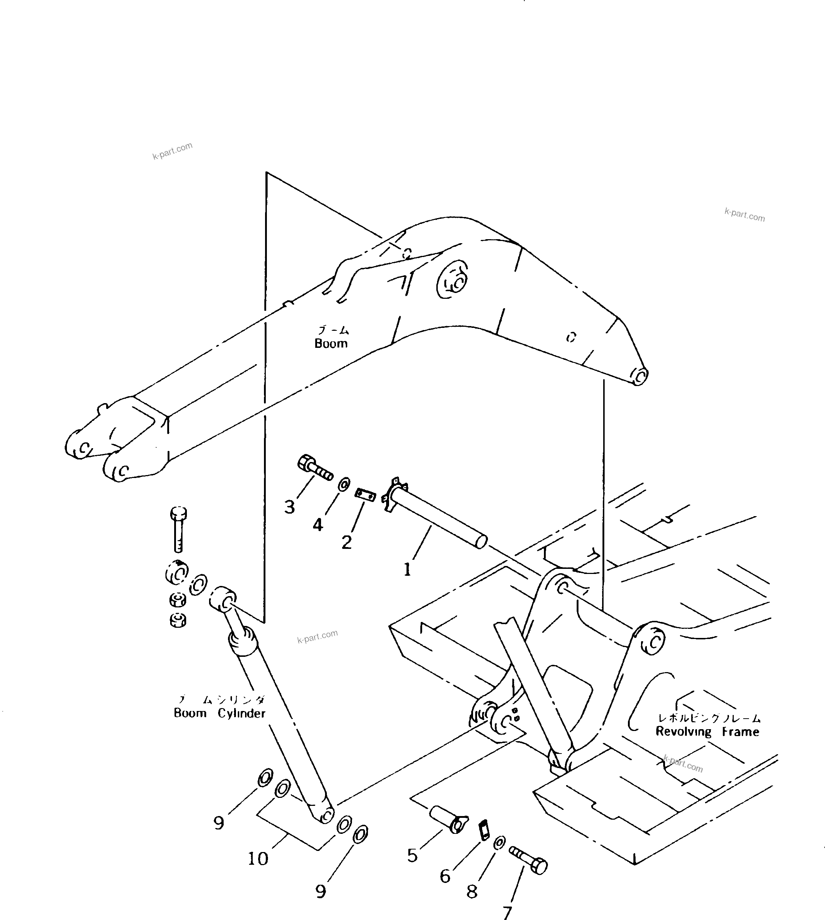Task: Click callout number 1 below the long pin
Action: pos(407,569)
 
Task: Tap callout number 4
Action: pos(318,525)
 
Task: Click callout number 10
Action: pos(258,858)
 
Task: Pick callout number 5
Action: pos(412,855)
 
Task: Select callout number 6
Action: pos(445,876)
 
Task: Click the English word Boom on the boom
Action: pos(331,344)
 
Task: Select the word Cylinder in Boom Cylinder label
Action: pos(241,713)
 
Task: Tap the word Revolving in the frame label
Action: pos(684,731)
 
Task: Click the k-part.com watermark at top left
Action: pos(172,151)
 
